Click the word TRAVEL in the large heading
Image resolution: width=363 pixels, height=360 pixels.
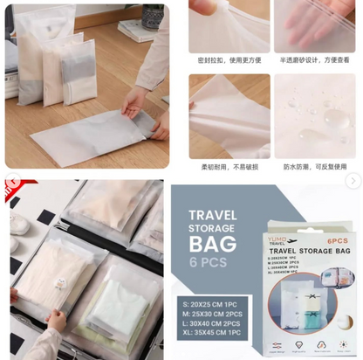[x=213, y=212]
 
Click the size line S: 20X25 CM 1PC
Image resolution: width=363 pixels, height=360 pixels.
[x=209, y=300]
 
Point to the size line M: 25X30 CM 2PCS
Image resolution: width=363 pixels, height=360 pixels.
[x=210, y=311]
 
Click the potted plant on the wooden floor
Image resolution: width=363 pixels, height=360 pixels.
[x=153, y=16]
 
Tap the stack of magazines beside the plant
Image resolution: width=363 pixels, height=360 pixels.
[x=134, y=32]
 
